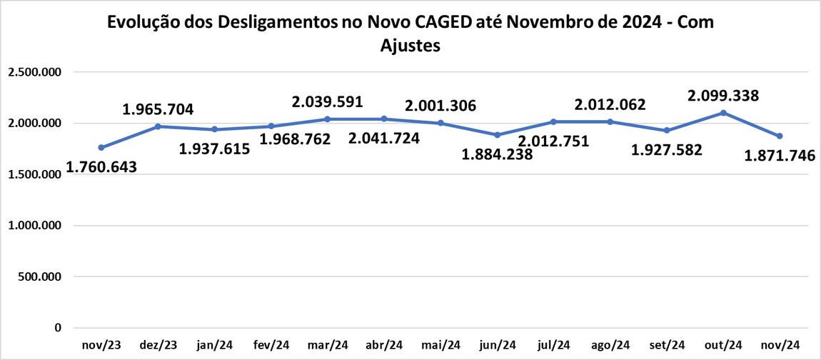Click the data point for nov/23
(101, 148)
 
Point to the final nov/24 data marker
(780, 136)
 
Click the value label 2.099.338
(723, 96)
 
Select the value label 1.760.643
(101, 168)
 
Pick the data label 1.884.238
(498, 154)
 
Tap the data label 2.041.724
(386, 139)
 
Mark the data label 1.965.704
(158, 110)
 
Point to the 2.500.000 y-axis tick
(34, 72)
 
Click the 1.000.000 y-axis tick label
(34, 226)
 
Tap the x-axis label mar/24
(328, 346)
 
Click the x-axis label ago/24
(610, 346)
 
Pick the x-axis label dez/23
(158, 346)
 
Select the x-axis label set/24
(667, 346)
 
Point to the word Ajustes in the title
(410, 45)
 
